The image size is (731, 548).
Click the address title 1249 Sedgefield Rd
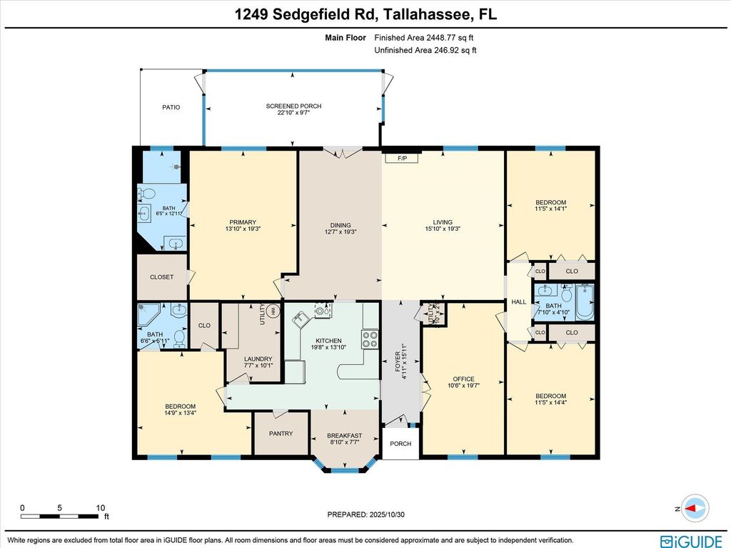coord(365,14)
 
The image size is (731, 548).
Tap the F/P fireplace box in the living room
coord(402,158)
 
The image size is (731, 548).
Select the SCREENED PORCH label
coord(293,106)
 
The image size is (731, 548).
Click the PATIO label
coord(171,107)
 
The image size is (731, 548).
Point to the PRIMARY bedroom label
coord(243,222)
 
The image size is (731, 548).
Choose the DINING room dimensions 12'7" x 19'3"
coord(340,231)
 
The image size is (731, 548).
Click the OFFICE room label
coord(463,379)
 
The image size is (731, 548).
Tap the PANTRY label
coord(281,434)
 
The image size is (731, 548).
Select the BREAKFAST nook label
coord(344,436)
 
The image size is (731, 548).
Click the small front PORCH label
coord(400,444)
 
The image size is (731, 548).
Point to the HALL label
coord(518,302)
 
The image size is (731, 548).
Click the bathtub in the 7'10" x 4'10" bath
coord(584,302)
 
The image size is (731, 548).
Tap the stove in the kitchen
coord(370,339)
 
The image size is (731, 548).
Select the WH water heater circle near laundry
coord(272,312)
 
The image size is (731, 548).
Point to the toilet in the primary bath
coord(146,194)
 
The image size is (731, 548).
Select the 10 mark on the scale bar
coord(100,508)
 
